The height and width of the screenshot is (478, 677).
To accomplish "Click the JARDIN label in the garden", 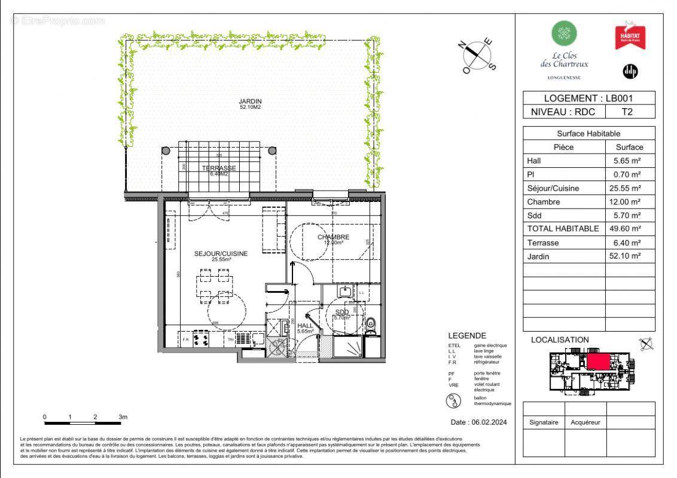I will (x=251, y=101).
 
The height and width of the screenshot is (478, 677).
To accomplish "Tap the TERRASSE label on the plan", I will (x=218, y=168).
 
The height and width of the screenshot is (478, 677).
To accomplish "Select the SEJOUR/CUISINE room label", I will (x=220, y=253).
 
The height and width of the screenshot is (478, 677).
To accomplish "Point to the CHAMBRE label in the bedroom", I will (x=333, y=237).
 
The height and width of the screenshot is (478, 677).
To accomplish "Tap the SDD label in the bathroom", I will (x=341, y=313).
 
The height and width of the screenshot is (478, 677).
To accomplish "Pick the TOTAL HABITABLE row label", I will (x=563, y=229).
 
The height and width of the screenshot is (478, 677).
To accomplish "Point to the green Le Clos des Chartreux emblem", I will (x=564, y=33).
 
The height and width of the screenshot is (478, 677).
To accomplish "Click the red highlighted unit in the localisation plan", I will (x=598, y=362).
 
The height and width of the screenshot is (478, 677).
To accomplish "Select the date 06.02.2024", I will (x=478, y=422).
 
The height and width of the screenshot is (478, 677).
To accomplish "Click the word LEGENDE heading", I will (x=467, y=336).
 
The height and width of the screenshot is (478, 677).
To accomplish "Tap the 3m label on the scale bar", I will (x=123, y=417).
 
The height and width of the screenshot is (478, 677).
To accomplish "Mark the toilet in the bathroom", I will (x=371, y=323).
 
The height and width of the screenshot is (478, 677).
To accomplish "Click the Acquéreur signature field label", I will (x=585, y=422).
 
